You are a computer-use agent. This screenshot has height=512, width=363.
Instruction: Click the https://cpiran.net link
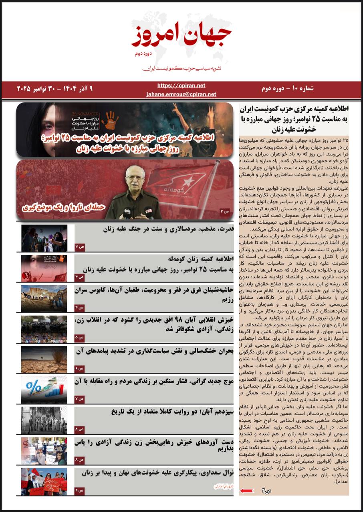tap(181, 86)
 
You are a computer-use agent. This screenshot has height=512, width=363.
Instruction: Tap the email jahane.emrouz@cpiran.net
tap(181, 94)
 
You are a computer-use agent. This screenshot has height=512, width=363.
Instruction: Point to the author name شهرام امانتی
tap(220, 487)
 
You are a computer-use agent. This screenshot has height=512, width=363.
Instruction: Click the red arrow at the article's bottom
tap(245, 490)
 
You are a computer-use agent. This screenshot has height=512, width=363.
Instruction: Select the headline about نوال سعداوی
tap(157, 473)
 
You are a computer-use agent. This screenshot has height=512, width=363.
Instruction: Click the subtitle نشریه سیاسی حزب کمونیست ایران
tap(182, 69)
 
